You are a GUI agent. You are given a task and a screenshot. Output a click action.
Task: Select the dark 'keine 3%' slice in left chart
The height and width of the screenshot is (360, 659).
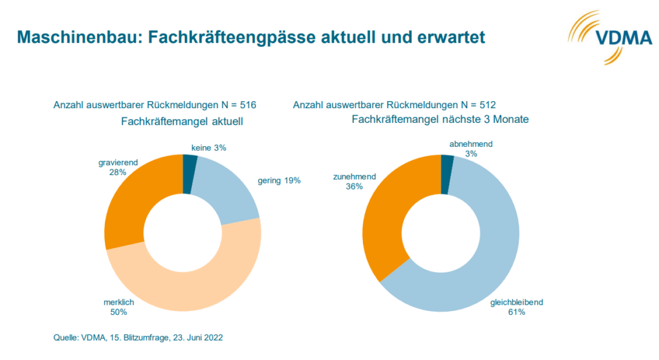(x=190, y=165)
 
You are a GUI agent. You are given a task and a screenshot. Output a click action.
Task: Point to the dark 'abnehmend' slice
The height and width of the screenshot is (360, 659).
(x=447, y=165)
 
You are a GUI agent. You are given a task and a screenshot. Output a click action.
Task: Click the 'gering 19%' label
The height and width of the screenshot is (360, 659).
(x=279, y=181)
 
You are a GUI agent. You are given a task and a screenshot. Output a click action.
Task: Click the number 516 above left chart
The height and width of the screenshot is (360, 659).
(x=248, y=104)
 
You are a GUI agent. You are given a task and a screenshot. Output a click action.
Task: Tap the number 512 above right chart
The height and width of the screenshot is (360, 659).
(x=487, y=104)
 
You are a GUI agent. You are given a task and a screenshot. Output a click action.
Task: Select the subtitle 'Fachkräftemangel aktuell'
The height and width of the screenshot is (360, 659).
(x=170, y=120)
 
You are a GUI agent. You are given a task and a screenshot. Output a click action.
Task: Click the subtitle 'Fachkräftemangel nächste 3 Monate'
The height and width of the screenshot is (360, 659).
(x=430, y=120)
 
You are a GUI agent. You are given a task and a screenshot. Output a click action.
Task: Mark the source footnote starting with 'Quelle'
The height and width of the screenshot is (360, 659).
(x=138, y=337)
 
